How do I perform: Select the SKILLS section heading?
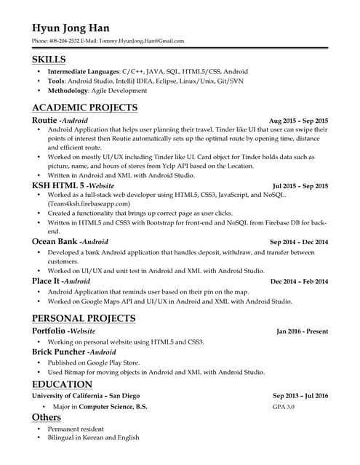[x=49, y=59]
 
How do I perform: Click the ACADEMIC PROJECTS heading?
[x=84, y=108]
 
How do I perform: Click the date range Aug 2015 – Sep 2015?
[x=298, y=121]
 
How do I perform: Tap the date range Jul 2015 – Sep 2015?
[x=300, y=186]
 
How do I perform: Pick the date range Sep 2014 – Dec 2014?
[x=298, y=242]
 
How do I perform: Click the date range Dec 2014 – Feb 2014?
[x=298, y=281]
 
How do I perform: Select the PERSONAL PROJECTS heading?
[x=84, y=318]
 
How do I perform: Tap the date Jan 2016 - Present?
[x=302, y=331]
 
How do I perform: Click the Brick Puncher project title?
[x=60, y=351]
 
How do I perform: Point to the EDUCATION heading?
[x=62, y=384]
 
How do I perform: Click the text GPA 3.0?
[x=284, y=407]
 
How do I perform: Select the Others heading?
[x=46, y=418]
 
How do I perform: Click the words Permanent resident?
[x=74, y=429]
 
